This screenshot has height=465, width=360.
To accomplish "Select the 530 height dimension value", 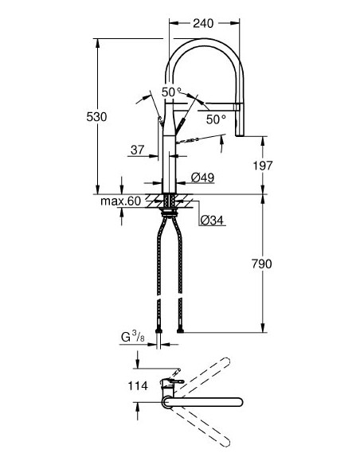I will pyautogui.click(x=96, y=116).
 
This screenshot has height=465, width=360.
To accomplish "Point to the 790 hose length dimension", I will pyautogui.click(x=262, y=264).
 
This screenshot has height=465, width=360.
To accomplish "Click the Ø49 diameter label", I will pyautogui.click(x=202, y=178).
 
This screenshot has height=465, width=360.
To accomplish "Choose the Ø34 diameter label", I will pyautogui.click(x=211, y=220).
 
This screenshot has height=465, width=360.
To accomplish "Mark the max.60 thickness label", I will pyautogui.click(x=120, y=201).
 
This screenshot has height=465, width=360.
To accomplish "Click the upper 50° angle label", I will pyautogui.click(x=172, y=92).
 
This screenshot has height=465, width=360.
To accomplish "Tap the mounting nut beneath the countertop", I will pyautogui.click(x=170, y=211).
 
